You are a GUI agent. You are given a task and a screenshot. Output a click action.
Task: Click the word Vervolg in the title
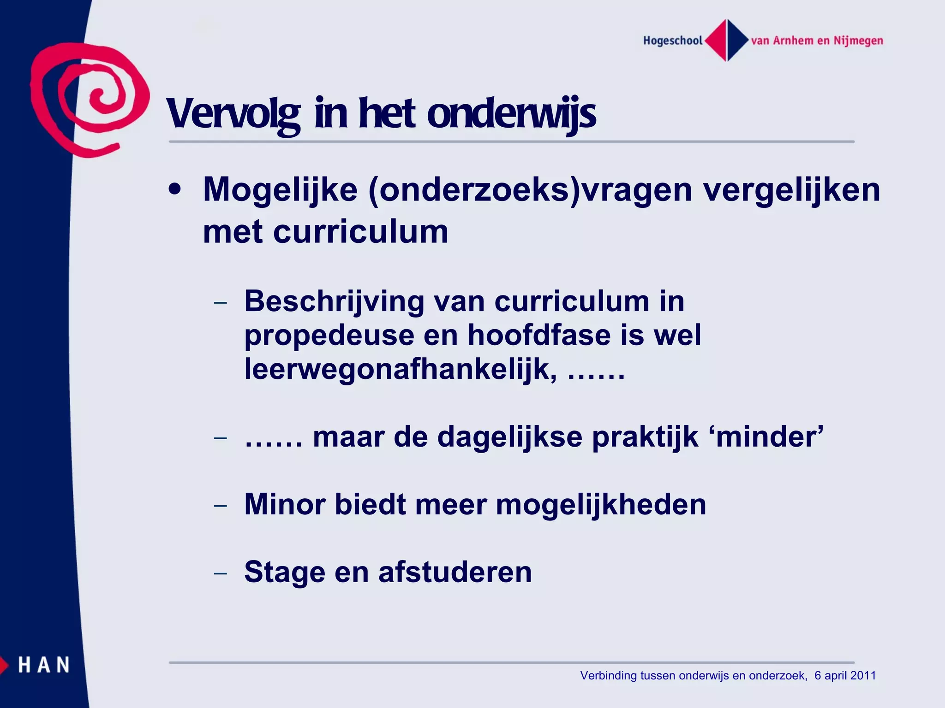click(x=233, y=114)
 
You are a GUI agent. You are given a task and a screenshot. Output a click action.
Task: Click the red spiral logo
click(x=90, y=99)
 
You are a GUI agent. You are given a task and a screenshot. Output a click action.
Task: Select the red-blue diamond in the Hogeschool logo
click(x=727, y=41)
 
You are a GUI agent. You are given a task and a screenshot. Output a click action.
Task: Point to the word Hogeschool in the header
click(x=673, y=41)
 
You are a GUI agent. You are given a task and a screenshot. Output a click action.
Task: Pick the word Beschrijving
click(x=334, y=301)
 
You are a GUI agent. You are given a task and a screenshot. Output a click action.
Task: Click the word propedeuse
click(x=329, y=335)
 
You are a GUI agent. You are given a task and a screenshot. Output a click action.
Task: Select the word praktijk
click(x=645, y=437)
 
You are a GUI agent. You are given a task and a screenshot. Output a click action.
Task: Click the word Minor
click(x=285, y=504)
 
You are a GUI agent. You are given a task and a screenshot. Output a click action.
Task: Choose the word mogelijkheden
click(x=601, y=504)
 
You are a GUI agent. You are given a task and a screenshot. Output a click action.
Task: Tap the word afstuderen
click(x=455, y=572)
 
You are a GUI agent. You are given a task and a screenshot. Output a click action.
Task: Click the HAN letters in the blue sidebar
click(x=44, y=665)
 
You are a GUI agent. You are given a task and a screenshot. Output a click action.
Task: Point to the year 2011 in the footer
click(x=863, y=676)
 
